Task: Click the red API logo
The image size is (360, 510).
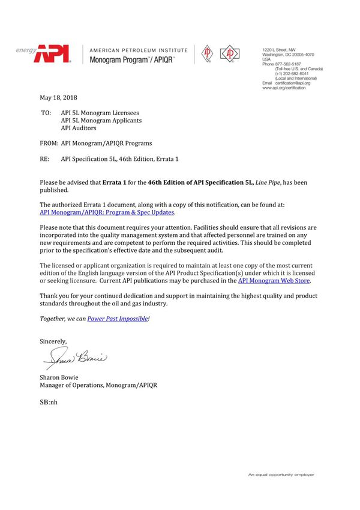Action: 52,55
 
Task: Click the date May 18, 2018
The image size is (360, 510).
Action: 58,98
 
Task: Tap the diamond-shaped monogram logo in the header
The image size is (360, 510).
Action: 229,54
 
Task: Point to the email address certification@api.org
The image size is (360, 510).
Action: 293,83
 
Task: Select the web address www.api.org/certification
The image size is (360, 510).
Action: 284,88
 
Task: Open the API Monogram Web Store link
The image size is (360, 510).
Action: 274,280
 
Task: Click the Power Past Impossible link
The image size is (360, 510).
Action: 118,319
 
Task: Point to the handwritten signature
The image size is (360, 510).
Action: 75,359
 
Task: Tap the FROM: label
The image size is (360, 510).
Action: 49,143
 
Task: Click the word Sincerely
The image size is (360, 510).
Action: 53,341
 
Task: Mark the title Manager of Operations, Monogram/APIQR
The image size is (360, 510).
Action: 98,385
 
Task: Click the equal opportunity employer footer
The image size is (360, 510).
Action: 281,475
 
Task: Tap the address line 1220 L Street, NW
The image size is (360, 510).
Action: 279,49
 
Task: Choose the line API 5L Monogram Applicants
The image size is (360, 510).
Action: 101,120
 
